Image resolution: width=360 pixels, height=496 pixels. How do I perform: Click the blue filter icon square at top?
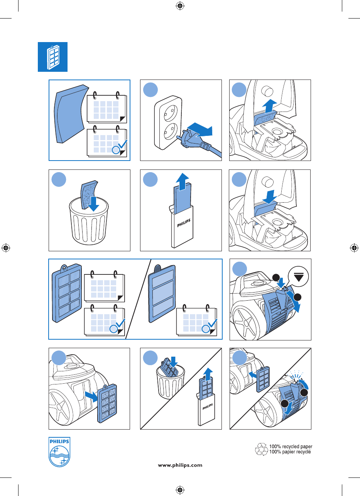tap(52, 57)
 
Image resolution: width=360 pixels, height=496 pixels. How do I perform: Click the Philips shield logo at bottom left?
tap(59, 452)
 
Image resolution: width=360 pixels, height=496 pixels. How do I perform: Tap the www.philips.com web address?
tap(180, 465)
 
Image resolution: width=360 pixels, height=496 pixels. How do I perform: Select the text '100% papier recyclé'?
tap(291, 452)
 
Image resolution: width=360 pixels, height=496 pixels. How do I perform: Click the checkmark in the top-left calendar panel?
tap(121, 146)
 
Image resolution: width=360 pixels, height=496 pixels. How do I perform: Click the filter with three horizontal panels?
tap(162, 293)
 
